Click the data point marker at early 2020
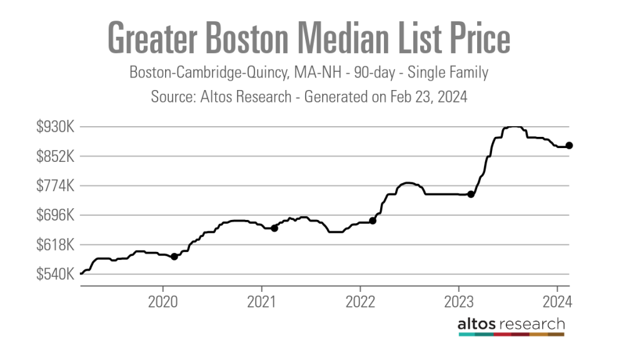[x=174, y=256]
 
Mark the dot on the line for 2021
[x=274, y=228]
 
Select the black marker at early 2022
[x=373, y=221]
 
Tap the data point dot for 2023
[x=471, y=194]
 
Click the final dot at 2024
[x=569, y=146]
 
